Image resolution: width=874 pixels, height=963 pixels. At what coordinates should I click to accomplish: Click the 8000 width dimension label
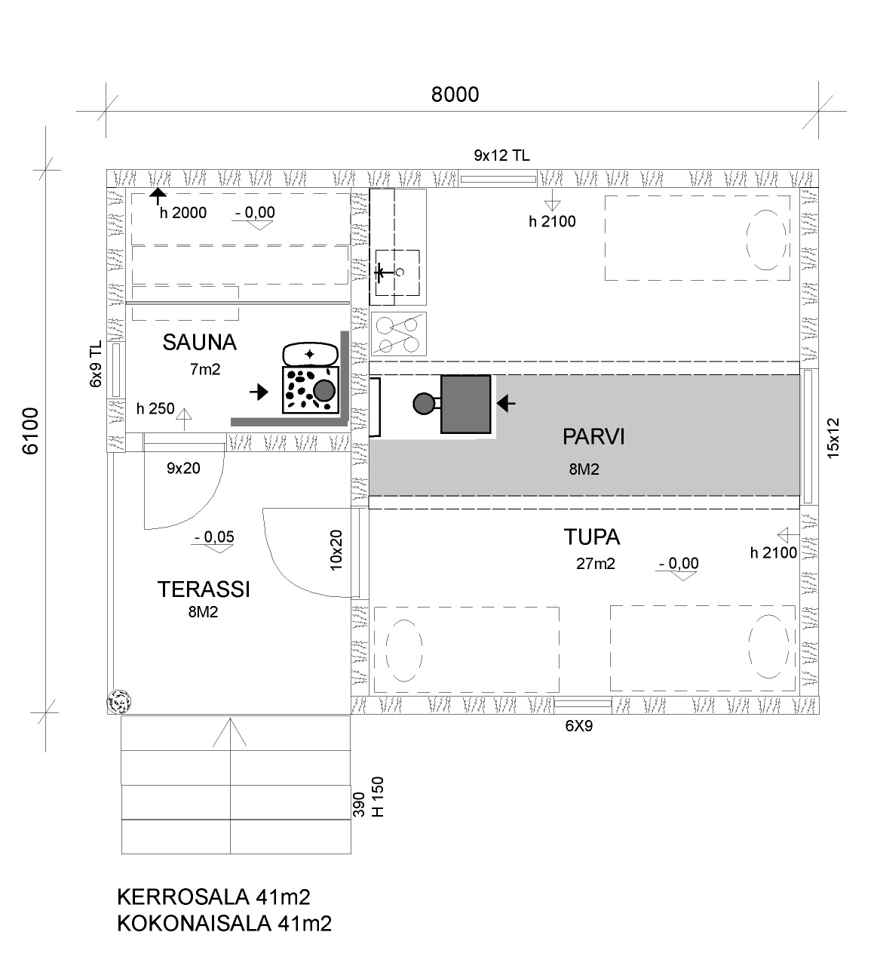[x=455, y=94]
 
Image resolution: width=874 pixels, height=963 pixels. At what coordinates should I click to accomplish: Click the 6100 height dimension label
[x=31, y=431]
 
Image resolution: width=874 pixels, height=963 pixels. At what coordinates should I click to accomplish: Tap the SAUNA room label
[x=200, y=343]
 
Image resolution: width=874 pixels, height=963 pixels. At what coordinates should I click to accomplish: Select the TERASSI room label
[x=204, y=589]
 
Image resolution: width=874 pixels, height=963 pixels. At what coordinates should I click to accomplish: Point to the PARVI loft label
[x=593, y=437]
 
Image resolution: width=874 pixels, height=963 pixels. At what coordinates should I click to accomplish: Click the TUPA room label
[x=592, y=537]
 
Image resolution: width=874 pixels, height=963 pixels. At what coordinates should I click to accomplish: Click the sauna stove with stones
[x=311, y=389]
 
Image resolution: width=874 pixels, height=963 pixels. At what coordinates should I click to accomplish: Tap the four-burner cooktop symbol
[x=398, y=334]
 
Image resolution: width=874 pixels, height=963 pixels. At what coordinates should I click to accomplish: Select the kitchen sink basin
[x=397, y=272]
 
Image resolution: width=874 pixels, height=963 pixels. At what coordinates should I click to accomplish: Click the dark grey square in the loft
[x=465, y=405]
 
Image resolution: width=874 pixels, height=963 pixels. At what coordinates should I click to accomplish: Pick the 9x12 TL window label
[x=501, y=155]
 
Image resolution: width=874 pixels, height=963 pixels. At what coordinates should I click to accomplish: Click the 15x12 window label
[x=834, y=438]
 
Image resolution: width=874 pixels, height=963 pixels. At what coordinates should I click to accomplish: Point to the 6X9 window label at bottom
[x=579, y=725]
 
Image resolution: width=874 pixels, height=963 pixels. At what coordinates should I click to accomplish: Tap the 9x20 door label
[x=183, y=468]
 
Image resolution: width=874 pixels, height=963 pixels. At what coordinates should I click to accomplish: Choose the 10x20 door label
[x=336, y=550]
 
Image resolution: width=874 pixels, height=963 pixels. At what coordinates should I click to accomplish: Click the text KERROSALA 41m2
[x=214, y=897]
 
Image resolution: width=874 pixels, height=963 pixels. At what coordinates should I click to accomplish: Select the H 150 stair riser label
[x=379, y=796]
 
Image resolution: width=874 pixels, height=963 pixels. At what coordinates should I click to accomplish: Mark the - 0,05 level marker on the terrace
[x=214, y=537]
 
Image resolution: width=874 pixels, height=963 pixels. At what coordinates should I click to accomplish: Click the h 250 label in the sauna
[x=155, y=408]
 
